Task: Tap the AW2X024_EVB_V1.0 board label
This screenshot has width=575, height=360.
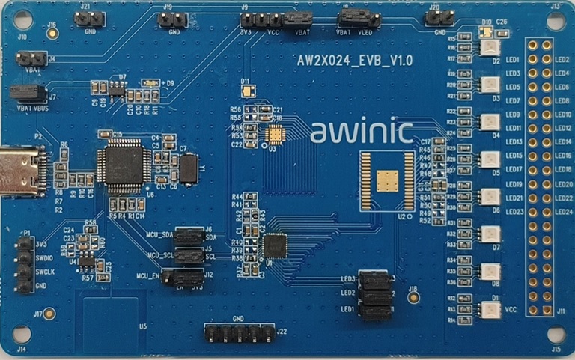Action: (x=351, y=58)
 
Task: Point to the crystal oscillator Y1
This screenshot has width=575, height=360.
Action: (x=189, y=168)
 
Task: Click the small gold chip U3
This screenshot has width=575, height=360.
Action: (x=276, y=134)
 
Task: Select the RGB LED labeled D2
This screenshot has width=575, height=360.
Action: (x=490, y=48)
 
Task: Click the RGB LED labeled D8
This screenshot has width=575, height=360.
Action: (x=490, y=272)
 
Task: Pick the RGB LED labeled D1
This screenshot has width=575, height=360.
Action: (x=490, y=308)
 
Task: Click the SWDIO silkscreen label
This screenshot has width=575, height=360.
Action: (x=44, y=257)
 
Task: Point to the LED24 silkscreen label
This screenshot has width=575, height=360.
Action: (x=561, y=212)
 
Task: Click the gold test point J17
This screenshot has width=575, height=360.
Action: (x=50, y=314)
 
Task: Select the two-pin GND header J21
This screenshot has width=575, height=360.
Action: (x=89, y=19)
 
